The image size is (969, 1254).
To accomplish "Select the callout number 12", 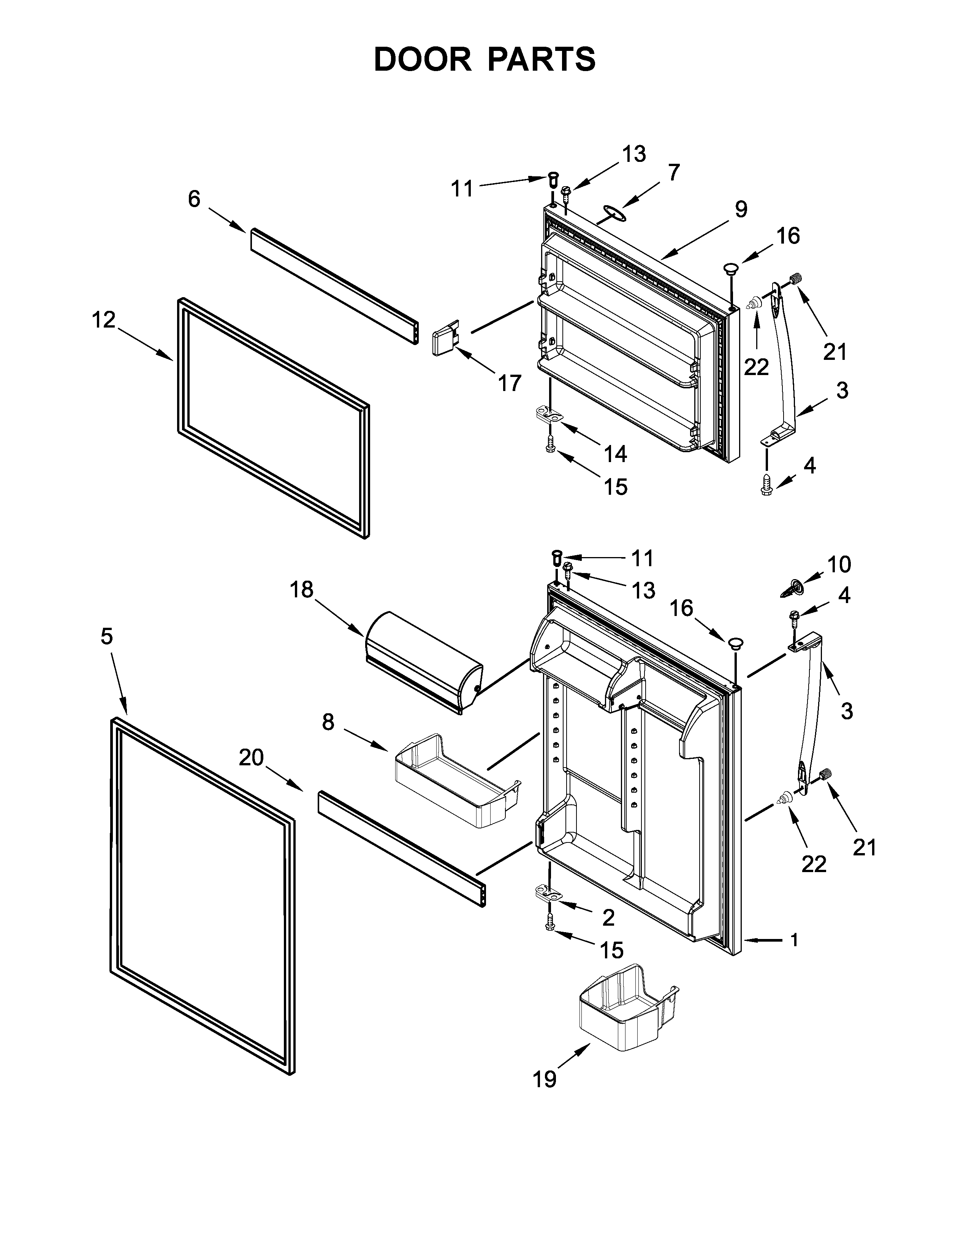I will coord(104,320).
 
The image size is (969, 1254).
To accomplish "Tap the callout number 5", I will coord(107,636).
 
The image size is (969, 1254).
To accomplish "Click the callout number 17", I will coord(509,383).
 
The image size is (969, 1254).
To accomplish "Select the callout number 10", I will coord(839,564).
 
